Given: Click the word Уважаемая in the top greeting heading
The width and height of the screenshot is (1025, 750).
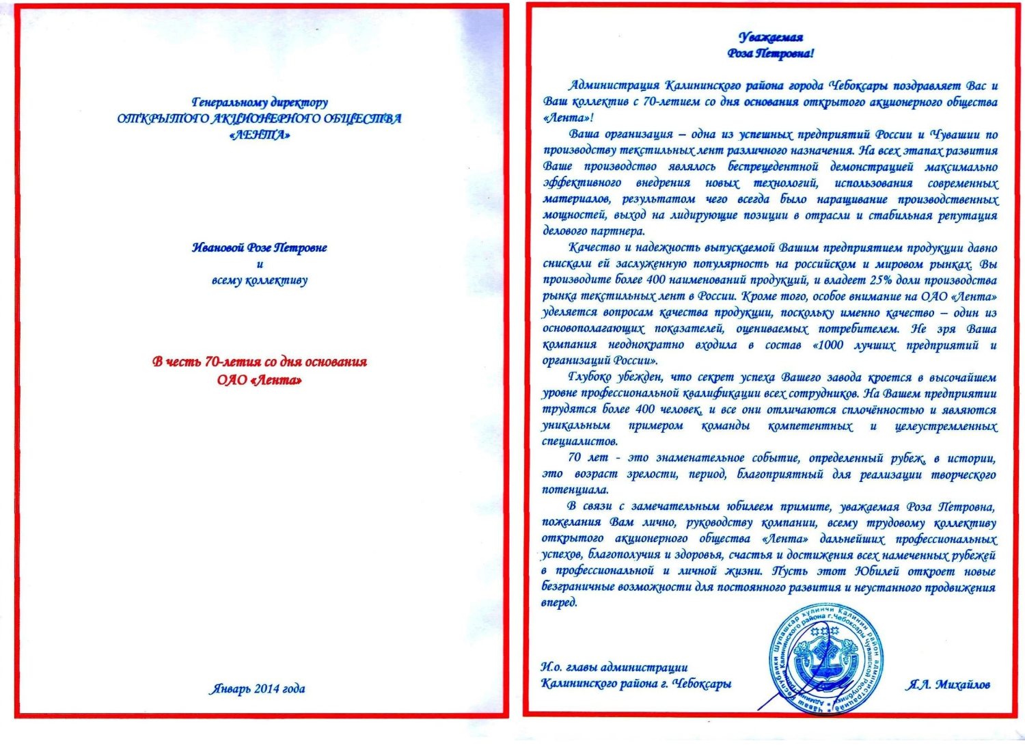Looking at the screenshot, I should click(x=770, y=37).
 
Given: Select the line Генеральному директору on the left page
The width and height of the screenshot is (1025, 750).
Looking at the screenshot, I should click(x=260, y=103).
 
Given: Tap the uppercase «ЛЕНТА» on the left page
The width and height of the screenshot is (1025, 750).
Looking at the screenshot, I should click(x=260, y=135).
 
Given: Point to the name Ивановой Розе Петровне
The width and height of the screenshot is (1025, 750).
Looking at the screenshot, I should click(x=260, y=247).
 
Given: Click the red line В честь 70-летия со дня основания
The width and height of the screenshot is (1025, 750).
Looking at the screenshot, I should click(x=260, y=362).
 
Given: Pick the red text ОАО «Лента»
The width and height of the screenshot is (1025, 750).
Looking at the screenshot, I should click(x=260, y=379).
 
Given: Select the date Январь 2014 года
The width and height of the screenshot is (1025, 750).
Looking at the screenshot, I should click(x=257, y=688).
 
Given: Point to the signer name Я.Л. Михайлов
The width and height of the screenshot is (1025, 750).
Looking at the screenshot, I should click(x=948, y=684).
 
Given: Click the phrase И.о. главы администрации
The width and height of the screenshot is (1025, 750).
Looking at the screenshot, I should click(x=614, y=667).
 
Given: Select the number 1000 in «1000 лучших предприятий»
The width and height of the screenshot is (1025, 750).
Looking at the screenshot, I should click(x=830, y=345).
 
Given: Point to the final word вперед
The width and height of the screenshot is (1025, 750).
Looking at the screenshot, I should click(x=560, y=603).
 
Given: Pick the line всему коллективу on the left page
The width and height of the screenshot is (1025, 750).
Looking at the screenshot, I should click(x=260, y=280).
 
